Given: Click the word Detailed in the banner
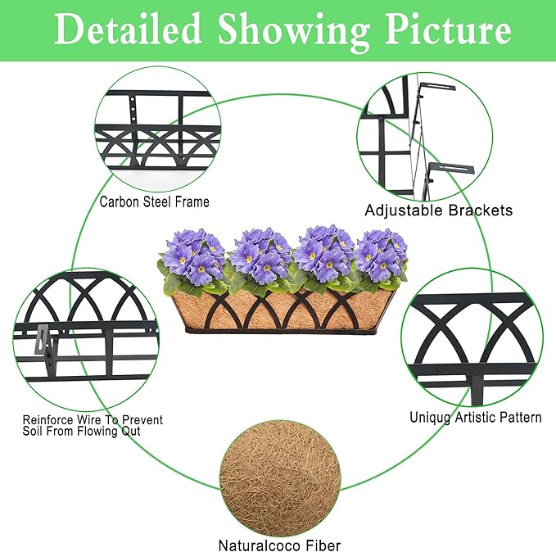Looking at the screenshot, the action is click(x=129, y=29).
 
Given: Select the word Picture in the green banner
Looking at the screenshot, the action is click(x=448, y=29).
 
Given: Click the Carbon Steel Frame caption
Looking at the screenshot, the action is click(x=154, y=201).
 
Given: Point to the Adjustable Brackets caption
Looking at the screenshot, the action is click(x=439, y=210).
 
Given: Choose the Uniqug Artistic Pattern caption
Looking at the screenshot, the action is click(x=476, y=417).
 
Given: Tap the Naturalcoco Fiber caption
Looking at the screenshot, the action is click(x=279, y=545).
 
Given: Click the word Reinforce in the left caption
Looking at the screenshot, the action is click(x=47, y=420).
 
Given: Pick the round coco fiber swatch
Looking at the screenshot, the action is click(x=280, y=481).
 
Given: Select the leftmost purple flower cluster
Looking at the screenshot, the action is click(x=193, y=257).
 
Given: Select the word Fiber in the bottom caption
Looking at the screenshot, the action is click(x=323, y=545).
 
